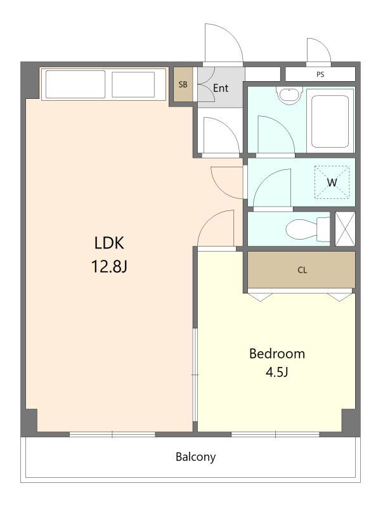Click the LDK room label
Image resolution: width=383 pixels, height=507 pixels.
tap(109, 243)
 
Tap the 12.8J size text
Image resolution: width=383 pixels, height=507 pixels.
tap(109, 267)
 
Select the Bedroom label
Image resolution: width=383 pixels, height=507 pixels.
tap(277, 354)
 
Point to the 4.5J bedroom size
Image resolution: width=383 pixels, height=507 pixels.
tap(277, 372)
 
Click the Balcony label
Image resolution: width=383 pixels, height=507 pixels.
tap(195, 457)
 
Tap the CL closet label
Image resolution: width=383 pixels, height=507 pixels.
tap(302, 270)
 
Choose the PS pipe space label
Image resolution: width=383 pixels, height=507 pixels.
tap(320, 74)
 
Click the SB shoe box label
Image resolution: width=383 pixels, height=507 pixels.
tap(183, 84)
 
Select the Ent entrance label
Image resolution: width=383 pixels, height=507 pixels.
tap(221, 88)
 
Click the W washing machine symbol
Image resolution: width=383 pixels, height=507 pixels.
tap(332, 183)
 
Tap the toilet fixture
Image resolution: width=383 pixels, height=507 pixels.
tap(308, 229)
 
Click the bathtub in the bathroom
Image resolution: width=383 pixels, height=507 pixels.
tap(330, 120)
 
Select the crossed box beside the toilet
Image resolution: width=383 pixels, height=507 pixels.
tap(345, 229)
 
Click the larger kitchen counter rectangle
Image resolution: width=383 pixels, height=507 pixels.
tap(75, 84)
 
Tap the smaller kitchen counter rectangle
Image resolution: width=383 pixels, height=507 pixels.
tap(133, 84)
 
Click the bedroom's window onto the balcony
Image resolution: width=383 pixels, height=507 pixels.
tap(275, 434)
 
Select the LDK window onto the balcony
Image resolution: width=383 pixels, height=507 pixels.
tap(112, 434)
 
